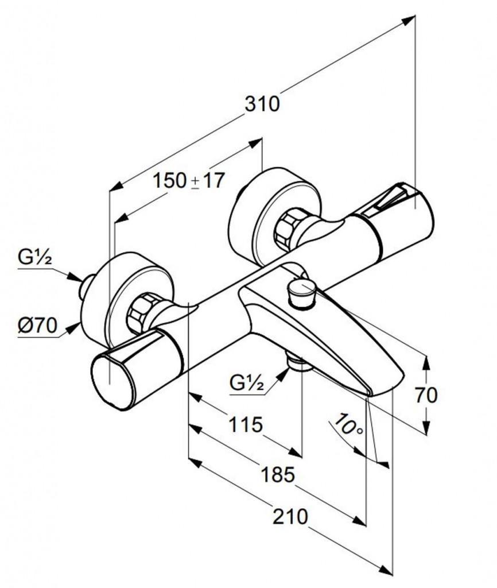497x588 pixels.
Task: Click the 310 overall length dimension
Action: [x=262, y=104]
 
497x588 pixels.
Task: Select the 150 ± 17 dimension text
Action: [x=188, y=181]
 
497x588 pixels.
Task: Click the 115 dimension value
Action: [x=245, y=425]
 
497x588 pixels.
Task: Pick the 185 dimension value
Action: [x=277, y=475]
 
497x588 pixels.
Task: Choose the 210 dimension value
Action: [x=290, y=517]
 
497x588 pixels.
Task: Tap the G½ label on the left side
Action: [x=34, y=259]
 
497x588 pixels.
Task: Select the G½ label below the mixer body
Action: [x=247, y=382]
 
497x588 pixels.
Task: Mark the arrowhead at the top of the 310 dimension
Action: [x=409, y=20]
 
